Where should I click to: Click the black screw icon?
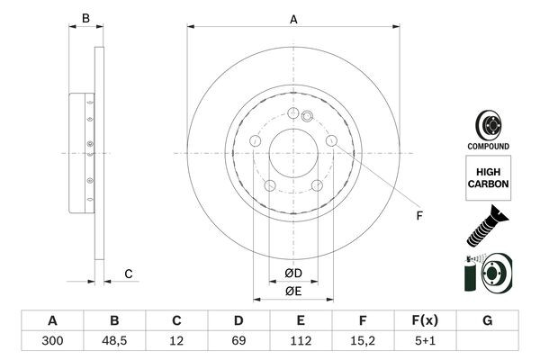pos(487,225)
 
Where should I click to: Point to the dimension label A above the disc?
pos(293,18)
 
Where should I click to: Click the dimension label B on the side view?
pos(85,18)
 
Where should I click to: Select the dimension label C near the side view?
pos(129,274)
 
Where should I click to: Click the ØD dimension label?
pos(293,274)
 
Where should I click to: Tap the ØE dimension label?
pos(293,291)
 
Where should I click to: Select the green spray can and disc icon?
pos(487,274)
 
